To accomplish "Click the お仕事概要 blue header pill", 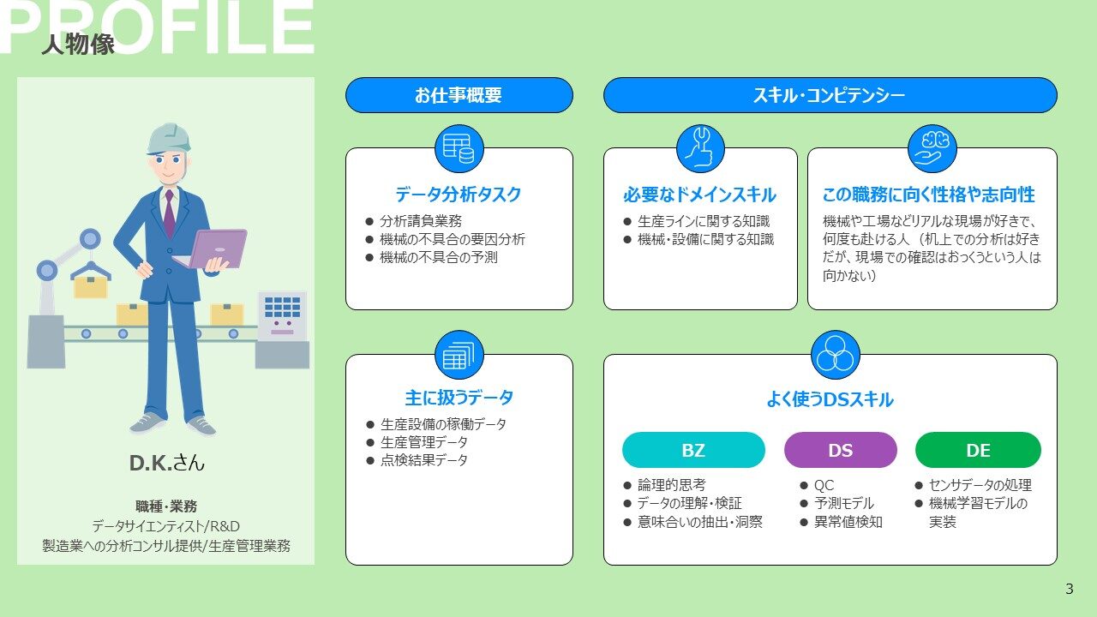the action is (x=459, y=95).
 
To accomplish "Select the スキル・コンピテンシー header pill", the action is (x=830, y=95).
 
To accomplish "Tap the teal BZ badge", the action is (x=693, y=450).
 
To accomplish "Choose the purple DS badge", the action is (x=841, y=450).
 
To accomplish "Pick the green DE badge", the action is (x=978, y=450).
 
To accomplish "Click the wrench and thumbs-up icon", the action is (x=700, y=148).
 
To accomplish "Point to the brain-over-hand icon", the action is (x=932, y=148).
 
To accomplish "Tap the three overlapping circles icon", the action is (x=835, y=355).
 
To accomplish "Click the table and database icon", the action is (x=459, y=148).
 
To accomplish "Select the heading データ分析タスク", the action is (x=459, y=195).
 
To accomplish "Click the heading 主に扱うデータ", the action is (x=459, y=398).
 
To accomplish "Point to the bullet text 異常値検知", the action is (x=848, y=522).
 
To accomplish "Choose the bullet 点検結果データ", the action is (x=424, y=460).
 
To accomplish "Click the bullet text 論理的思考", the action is (x=671, y=485).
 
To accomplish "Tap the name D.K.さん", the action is (x=166, y=463).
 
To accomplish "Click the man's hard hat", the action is (x=169, y=139).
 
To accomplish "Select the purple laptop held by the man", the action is (x=215, y=249).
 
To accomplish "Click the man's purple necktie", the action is (x=169, y=214).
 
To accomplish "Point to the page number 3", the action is (x=1069, y=589).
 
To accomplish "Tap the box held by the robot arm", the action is (x=91, y=287).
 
